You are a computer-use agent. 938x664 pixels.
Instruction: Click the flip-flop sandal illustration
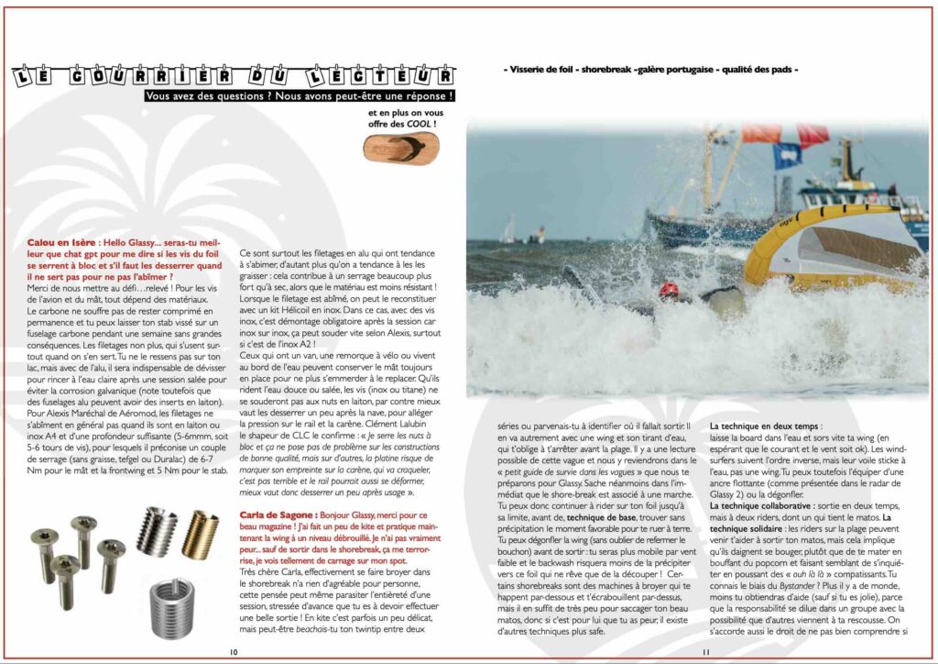[x=400, y=146]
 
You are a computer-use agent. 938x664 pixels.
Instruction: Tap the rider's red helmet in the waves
[x=669, y=291]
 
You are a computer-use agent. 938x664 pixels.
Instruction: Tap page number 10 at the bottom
[x=234, y=651]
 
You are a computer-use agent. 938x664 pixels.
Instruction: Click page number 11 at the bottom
[x=706, y=651]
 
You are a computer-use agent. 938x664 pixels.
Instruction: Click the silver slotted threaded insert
[x=157, y=531]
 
